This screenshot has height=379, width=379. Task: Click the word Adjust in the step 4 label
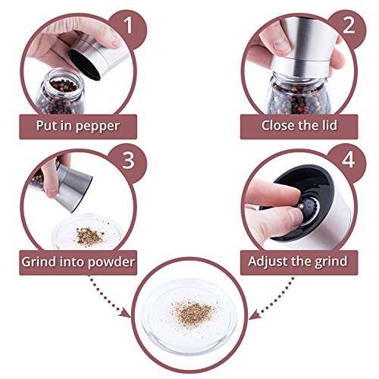click(265, 262)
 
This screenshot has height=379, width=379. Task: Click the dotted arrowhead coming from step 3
click(125, 313)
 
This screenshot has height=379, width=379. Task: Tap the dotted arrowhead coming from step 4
click(255, 315)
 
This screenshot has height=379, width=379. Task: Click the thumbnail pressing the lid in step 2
click(282, 45)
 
